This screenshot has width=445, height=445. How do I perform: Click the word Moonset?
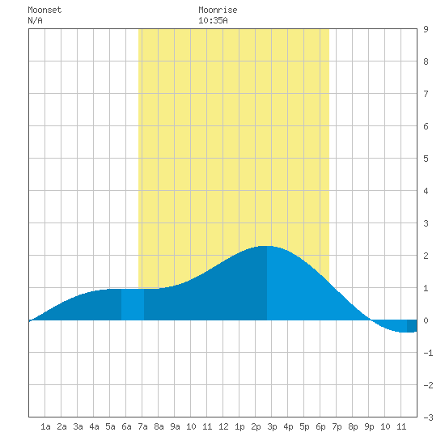click(x=44, y=10)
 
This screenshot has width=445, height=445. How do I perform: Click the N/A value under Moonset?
click(x=35, y=20)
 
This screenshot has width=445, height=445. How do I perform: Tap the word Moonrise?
click(x=218, y=10)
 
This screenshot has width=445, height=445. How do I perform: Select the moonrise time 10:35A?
click(x=213, y=20)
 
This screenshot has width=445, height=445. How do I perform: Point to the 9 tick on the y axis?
click(x=426, y=29)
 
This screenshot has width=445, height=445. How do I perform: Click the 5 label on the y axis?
click(x=426, y=159)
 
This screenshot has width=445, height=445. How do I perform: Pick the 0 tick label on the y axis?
click(x=426, y=320)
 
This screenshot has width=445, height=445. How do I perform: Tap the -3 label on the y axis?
click(x=428, y=417)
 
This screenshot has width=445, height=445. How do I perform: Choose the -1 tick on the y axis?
click(x=428, y=353)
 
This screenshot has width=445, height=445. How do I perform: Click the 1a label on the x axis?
click(x=45, y=426)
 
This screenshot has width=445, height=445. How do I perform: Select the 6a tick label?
click(x=126, y=426)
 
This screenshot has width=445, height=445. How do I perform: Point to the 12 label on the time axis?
click(x=223, y=426)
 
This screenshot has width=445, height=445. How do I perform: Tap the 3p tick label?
click(x=272, y=426)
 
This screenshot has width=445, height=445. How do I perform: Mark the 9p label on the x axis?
click(x=369, y=426)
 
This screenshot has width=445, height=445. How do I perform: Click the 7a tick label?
click(x=142, y=426)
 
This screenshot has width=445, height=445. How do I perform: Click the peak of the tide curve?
click(x=266, y=246)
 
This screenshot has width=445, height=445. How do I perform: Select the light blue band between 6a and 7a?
click(x=133, y=304)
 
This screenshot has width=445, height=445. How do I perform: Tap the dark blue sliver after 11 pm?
click(x=412, y=326)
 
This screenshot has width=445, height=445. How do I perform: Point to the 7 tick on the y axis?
click(x=426, y=94)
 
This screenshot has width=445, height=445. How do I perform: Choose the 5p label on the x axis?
click(x=304, y=426)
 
